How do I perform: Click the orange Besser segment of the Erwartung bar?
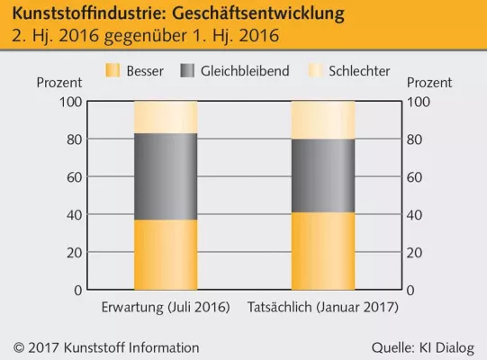pyautogui.click(x=166, y=255)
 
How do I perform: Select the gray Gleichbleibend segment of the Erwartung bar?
pyautogui.click(x=166, y=176)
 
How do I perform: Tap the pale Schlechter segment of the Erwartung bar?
pyautogui.click(x=166, y=117)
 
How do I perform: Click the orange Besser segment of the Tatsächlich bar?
pyautogui.click(x=322, y=251)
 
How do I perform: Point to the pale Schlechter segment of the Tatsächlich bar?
pyautogui.click(x=322, y=120)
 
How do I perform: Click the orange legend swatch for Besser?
pyautogui.click(x=113, y=71)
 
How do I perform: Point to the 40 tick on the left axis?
pyautogui.click(x=75, y=215)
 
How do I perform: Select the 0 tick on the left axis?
pyautogui.click(x=78, y=291)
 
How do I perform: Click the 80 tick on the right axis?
pyautogui.click(x=416, y=139)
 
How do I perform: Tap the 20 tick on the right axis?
pyautogui.click(x=416, y=253)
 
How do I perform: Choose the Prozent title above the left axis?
pyautogui.click(x=60, y=83)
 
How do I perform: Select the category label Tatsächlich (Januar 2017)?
pyautogui.click(x=322, y=308)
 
